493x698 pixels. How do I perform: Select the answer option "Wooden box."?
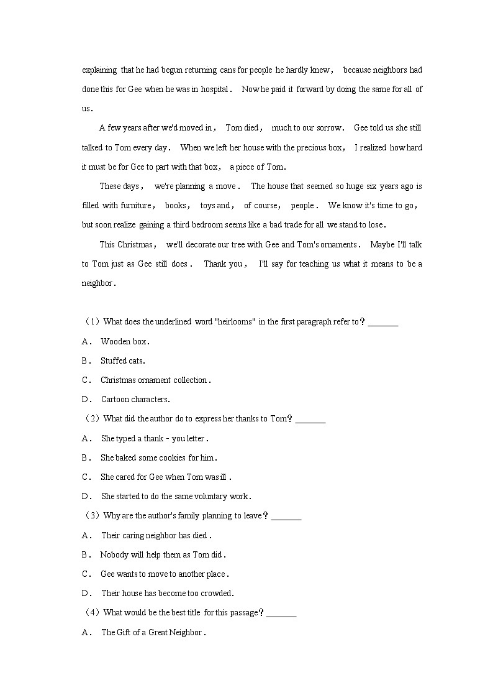pos(125,341)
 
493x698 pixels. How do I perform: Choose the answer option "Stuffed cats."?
pos(122,360)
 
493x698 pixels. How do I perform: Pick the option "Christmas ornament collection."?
pos(155,380)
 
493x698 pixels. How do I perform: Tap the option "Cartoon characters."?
pos(135,399)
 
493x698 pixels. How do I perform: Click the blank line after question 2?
pos(310,420)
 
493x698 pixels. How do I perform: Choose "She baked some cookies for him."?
pos(158,457)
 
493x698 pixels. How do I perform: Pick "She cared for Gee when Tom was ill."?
pos(166,477)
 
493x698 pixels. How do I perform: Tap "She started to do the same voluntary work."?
pos(176,496)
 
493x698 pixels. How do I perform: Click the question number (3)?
pos(91,515)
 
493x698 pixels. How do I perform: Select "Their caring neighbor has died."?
pos(156,535)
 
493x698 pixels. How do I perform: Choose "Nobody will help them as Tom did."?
pos(163,554)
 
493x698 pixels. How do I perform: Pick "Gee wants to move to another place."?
pos(165,574)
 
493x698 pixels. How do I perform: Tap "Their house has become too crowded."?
pos(167,593)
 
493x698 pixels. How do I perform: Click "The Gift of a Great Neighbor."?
pos(153,632)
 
